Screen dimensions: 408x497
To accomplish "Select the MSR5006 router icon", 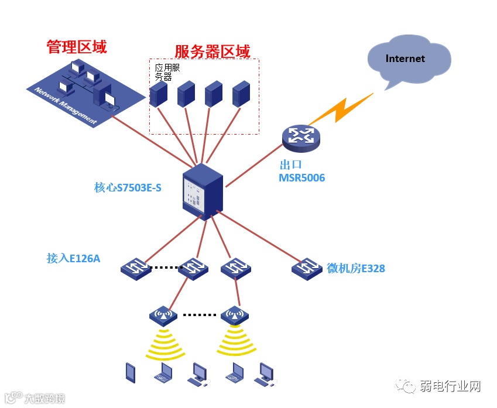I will (301, 136).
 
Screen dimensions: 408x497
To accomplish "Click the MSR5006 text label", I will (301, 177).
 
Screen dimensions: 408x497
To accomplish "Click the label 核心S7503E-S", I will (127, 188).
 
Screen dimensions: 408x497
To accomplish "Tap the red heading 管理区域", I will (77, 47).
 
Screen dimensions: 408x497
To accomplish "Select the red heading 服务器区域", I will (212, 52).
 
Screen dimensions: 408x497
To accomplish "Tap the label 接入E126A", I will (73, 258).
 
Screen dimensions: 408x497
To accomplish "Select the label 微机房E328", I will (356, 269).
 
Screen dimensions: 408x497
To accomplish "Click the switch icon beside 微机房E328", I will (307, 268).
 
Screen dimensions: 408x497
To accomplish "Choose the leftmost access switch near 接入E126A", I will (136, 268).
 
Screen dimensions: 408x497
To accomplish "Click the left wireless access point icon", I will (163, 316).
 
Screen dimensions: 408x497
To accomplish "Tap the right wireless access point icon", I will (235, 316).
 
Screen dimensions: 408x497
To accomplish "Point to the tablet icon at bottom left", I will (131, 372).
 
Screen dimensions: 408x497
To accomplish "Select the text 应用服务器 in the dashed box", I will (167, 72).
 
